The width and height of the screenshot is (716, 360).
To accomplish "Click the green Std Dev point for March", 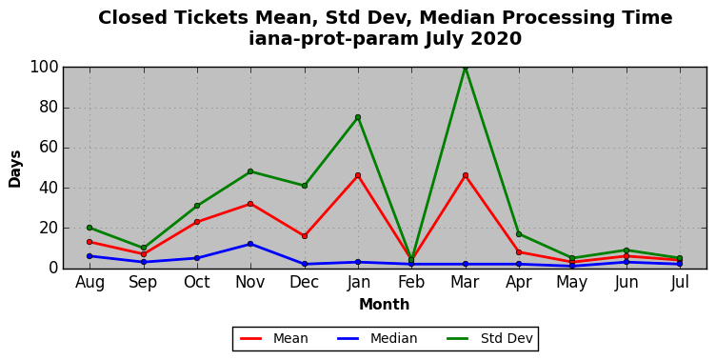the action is (x=466, y=68).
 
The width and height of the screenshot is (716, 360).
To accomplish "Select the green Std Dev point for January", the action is (x=358, y=117).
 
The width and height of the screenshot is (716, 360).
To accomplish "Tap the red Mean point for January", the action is (x=358, y=175).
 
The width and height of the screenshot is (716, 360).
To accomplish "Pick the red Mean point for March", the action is (x=466, y=175).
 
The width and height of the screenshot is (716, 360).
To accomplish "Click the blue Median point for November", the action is (x=250, y=244).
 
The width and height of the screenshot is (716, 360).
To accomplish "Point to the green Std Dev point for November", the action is (x=250, y=171).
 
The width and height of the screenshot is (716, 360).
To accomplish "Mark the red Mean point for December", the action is (x=304, y=236).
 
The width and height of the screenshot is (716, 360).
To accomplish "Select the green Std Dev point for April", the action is (x=519, y=234).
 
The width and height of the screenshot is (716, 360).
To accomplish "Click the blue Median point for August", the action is (x=89, y=256).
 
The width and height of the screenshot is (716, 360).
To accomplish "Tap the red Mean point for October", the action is (x=197, y=222).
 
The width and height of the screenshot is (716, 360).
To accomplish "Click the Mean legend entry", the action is (x=274, y=338).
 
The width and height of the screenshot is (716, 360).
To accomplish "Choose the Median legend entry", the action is (x=377, y=338).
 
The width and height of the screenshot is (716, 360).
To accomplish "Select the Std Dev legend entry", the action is (x=489, y=338).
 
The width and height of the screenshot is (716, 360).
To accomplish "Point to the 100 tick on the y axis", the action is (x=45, y=68).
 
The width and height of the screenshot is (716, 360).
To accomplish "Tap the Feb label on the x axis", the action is (x=411, y=282).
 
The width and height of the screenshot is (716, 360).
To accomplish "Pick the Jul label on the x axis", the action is (x=680, y=282).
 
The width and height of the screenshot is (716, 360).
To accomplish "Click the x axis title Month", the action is (x=384, y=304).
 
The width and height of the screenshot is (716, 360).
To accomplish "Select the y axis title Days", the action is (x=14, y=169).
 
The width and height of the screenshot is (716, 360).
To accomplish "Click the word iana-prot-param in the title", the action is (x=334, y=39).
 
